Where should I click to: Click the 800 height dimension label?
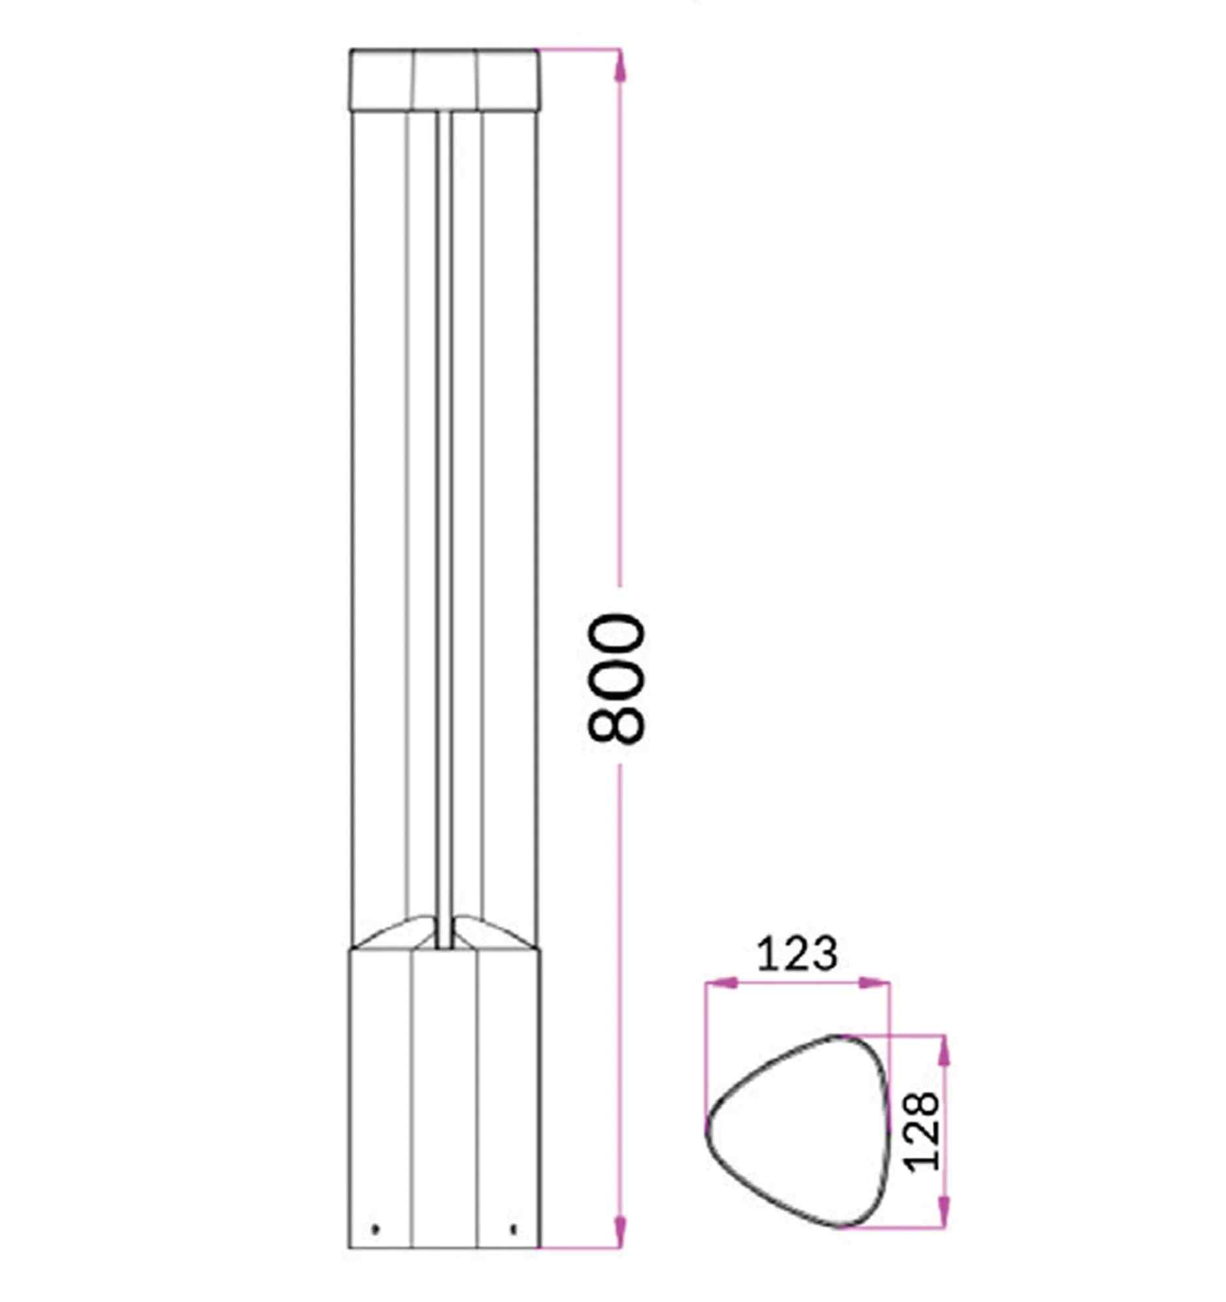pyautogui.click(x=617, y=678)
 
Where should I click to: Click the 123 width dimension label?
pyautogui.click(x=797, y=954)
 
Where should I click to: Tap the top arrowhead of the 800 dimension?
pyautogui.click(x=621, y=65)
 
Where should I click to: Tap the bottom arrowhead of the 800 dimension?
pyautogui.click(x=621, y=1231)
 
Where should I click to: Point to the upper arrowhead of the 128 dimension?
pyautogui.click(x=943, y=1052)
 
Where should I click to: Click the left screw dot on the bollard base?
pyautogui.click(x=375, y=1229)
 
